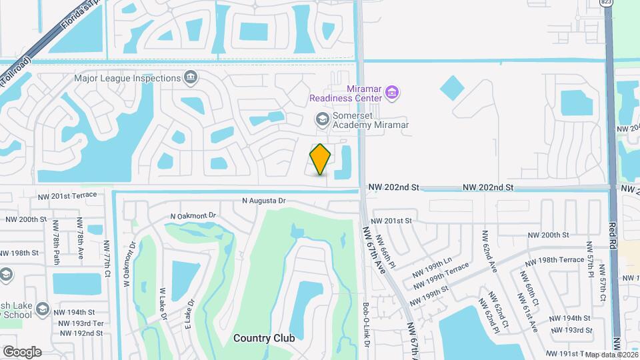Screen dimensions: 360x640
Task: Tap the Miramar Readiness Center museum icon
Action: coord(393,92)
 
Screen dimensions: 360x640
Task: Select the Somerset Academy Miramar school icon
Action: coord(322,119)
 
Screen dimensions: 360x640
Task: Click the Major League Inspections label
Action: coord(127,78)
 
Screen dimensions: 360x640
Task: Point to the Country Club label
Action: coord(264,338)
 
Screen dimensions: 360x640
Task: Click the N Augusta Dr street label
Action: coord(263,200)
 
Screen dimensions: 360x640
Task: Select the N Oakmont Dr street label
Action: coord(194,216)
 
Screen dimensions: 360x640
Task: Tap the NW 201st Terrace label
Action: coord(67,195)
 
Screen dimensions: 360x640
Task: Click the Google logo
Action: coord(22,352)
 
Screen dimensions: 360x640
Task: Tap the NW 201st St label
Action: coord(393,221)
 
